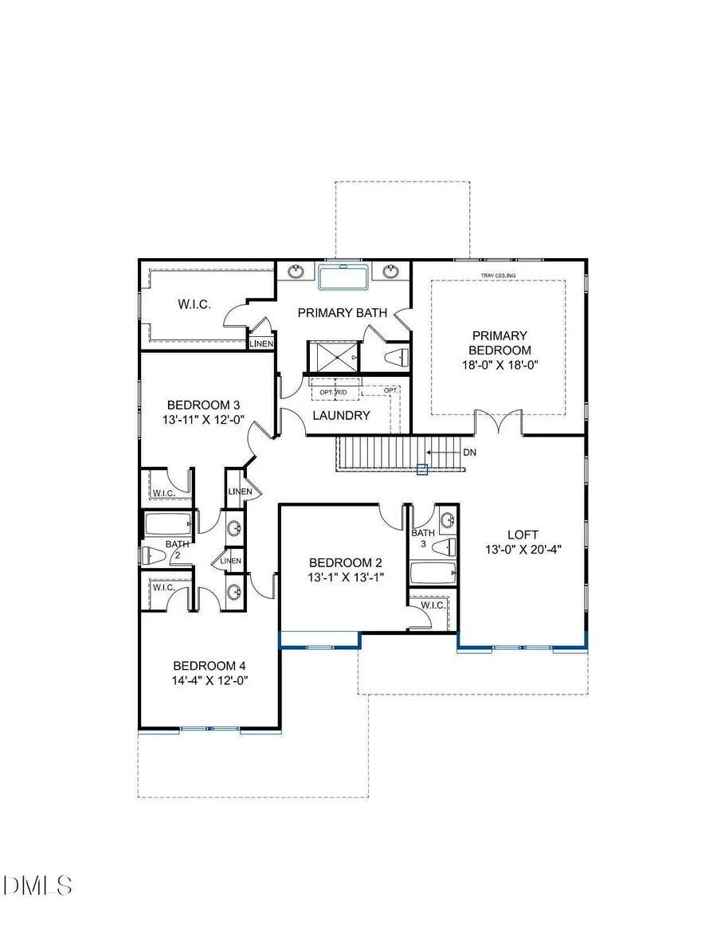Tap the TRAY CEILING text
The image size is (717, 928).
coord(498,276)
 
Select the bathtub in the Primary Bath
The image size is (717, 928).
coord(343,278)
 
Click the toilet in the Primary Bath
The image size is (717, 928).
coord(396,356)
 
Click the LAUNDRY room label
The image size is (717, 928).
coord(341,415)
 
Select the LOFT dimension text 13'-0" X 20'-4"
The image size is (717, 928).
coord(523,549)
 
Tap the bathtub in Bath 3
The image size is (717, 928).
coord(431,573)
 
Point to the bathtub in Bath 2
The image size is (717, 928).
coord(167,523)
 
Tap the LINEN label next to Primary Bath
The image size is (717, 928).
coord(262,344)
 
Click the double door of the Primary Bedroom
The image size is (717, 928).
coord(499,422)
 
